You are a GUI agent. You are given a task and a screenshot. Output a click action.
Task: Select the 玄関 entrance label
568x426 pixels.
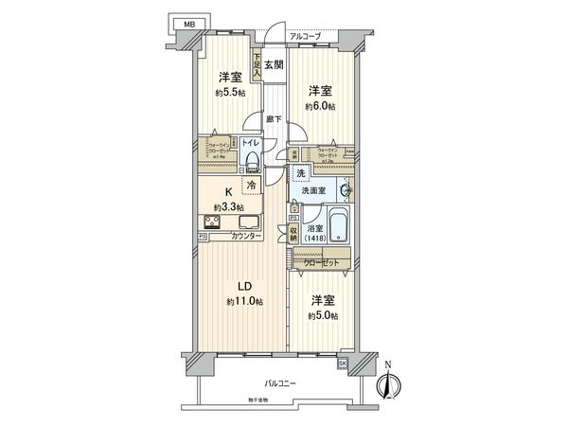[273, 64]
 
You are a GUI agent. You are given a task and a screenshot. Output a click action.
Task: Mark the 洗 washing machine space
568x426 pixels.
[301, 172]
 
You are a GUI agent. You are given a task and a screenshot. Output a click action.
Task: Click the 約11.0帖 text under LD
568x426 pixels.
[244, 301]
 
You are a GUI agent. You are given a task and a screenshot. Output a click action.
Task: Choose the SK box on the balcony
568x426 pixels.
[343, 363]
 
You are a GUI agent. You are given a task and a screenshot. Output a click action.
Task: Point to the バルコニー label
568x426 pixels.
[281, 383]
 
